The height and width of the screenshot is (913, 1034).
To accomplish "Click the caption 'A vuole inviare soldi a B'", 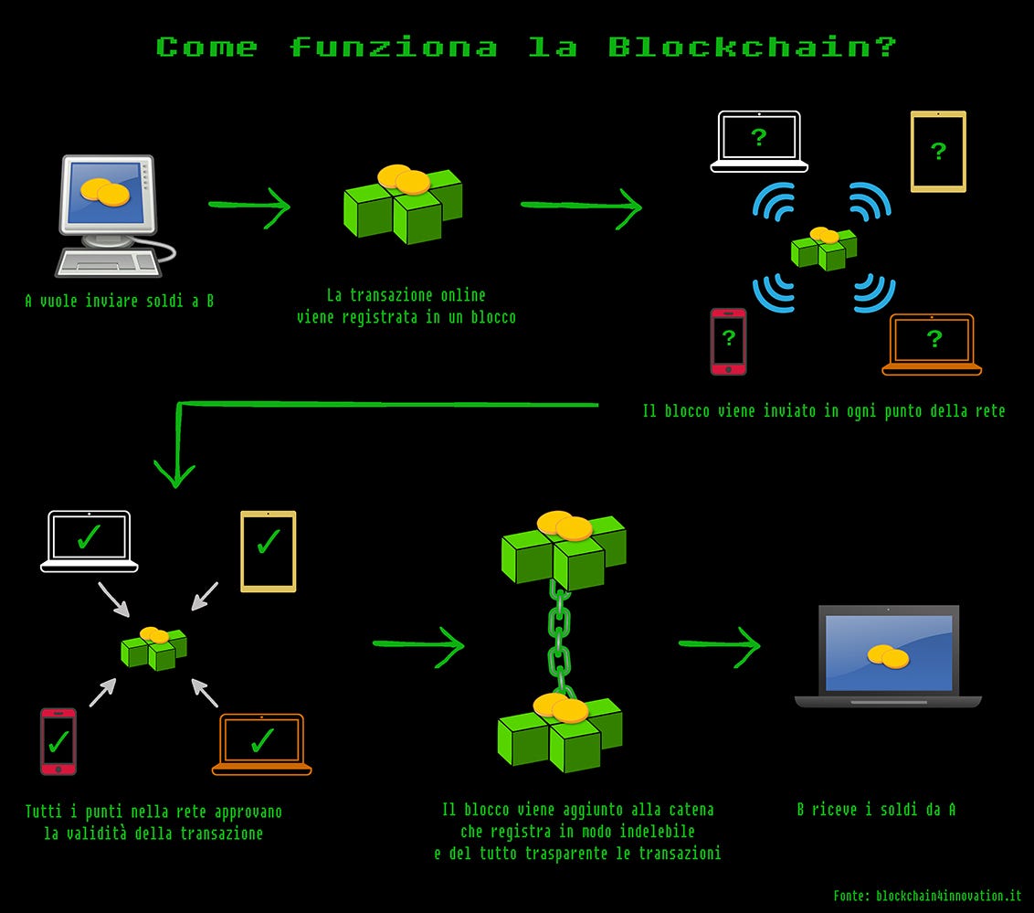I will tap(120, 300).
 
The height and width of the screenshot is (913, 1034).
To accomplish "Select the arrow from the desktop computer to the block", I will tap(248, 205).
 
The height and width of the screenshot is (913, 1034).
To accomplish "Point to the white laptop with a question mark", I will tap(759, 142).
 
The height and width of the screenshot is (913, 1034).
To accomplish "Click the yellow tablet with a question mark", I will tap(938, 152).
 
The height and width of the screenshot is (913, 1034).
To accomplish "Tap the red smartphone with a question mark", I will tap(728, 341).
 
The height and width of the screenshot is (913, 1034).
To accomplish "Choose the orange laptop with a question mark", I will tap(932, 345).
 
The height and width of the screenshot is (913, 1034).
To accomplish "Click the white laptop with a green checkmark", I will tap(89, 541).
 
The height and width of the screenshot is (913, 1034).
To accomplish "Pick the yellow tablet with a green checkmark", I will tap(268, 550).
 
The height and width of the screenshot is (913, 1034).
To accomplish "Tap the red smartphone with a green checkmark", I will tap(58, 741).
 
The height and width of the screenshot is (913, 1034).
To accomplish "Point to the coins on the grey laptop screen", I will tap(888, 657).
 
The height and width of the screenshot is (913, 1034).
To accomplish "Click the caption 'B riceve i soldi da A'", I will tap(876, 809).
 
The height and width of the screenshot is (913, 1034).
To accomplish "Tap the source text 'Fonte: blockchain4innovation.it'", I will tap(927, 896).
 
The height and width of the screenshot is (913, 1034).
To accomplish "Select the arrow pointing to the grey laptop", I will tap(719, 643).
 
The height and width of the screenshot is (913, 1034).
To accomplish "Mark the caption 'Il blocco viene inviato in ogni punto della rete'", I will tap(823, 411).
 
